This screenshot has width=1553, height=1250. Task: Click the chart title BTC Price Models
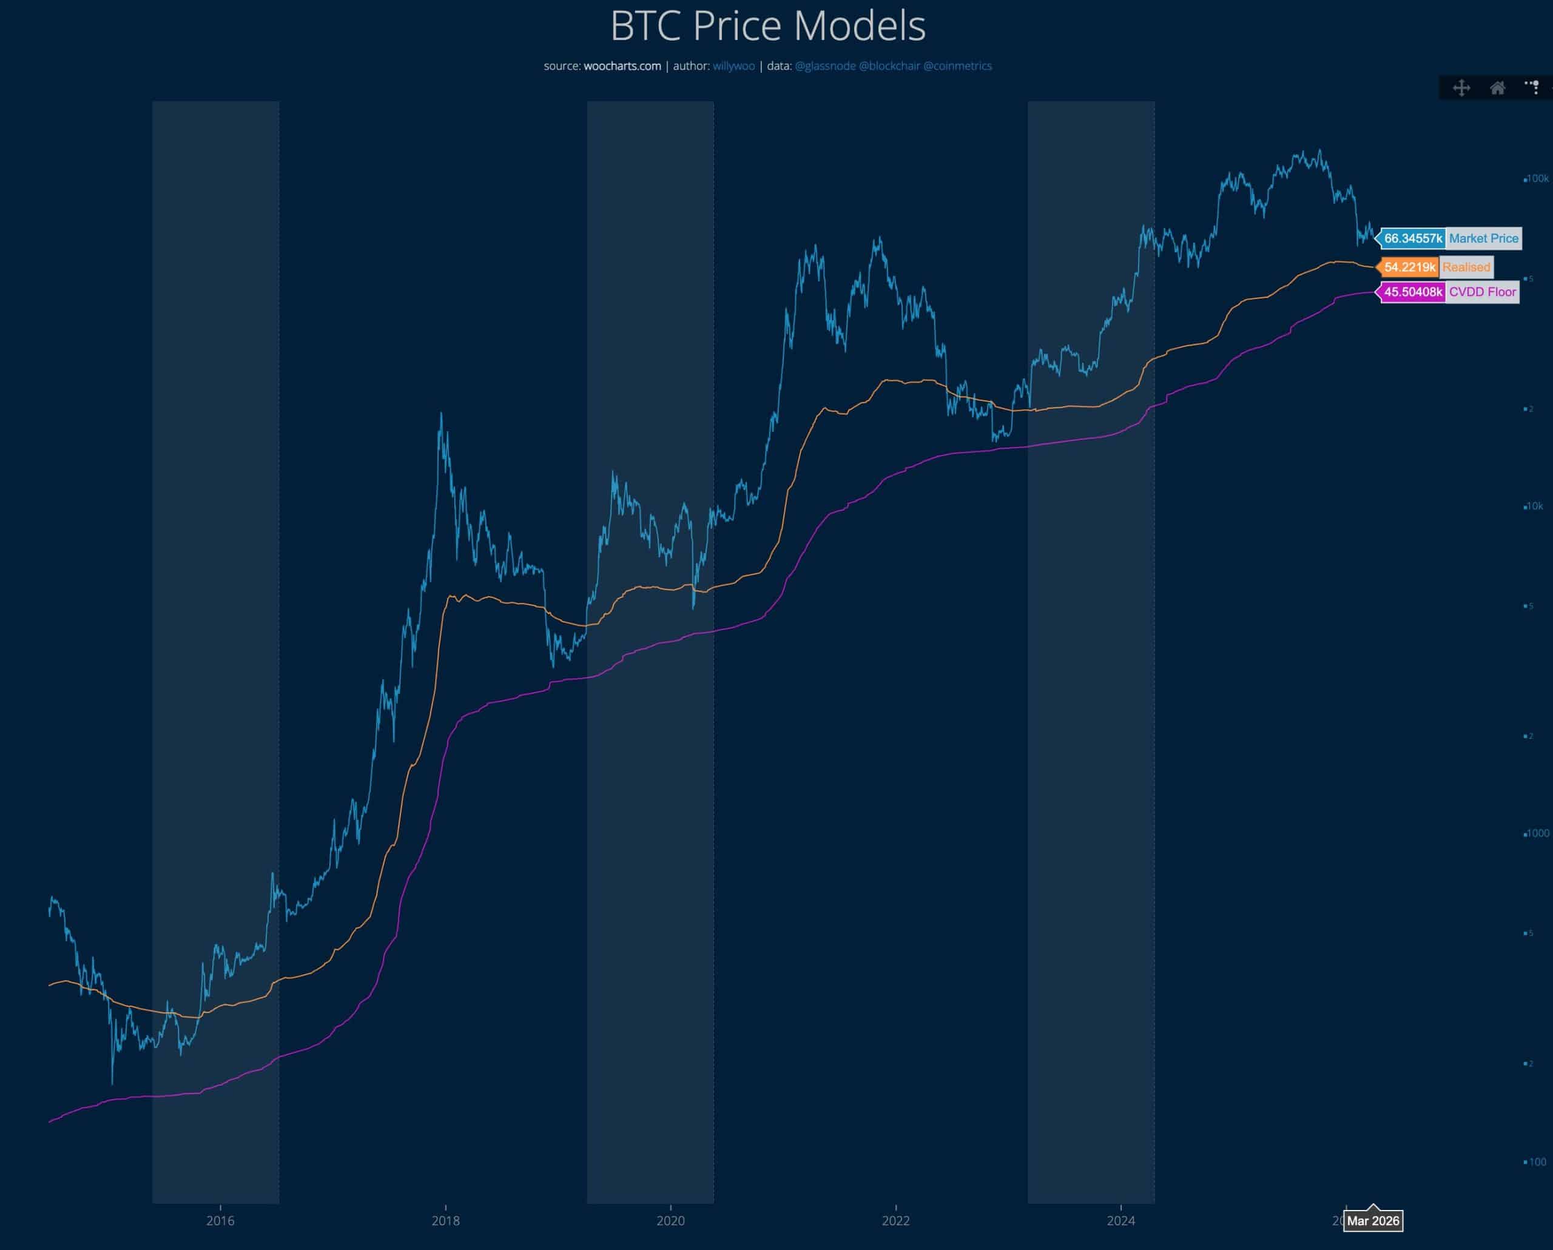coord(768,27)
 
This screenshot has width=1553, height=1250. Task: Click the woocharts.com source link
coord(622,66)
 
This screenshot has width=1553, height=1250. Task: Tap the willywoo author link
coord(733,66)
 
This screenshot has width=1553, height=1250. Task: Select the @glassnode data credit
coord(825,66)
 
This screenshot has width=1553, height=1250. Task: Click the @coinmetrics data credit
coord(957,66)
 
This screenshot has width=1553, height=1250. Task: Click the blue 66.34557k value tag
coord(1412,238)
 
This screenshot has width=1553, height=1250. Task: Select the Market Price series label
coord(1483,238)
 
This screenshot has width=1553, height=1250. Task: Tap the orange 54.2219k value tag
coord(1409,267)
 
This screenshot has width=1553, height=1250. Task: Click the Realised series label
coord(1466,267)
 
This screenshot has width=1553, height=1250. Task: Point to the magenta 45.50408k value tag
coord(1412,292)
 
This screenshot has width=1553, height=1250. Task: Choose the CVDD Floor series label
coord(1483,292)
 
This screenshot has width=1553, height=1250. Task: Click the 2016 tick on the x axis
coord(220,1220)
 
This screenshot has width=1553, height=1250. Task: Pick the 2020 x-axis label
coord(670,1220)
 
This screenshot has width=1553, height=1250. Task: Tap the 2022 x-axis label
coord(895,1220)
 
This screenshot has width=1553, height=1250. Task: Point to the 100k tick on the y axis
coord(1538,178)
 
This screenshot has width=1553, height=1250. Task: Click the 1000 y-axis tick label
coord(1537,834)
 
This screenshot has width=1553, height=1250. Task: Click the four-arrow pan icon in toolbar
coord(1461,88)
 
